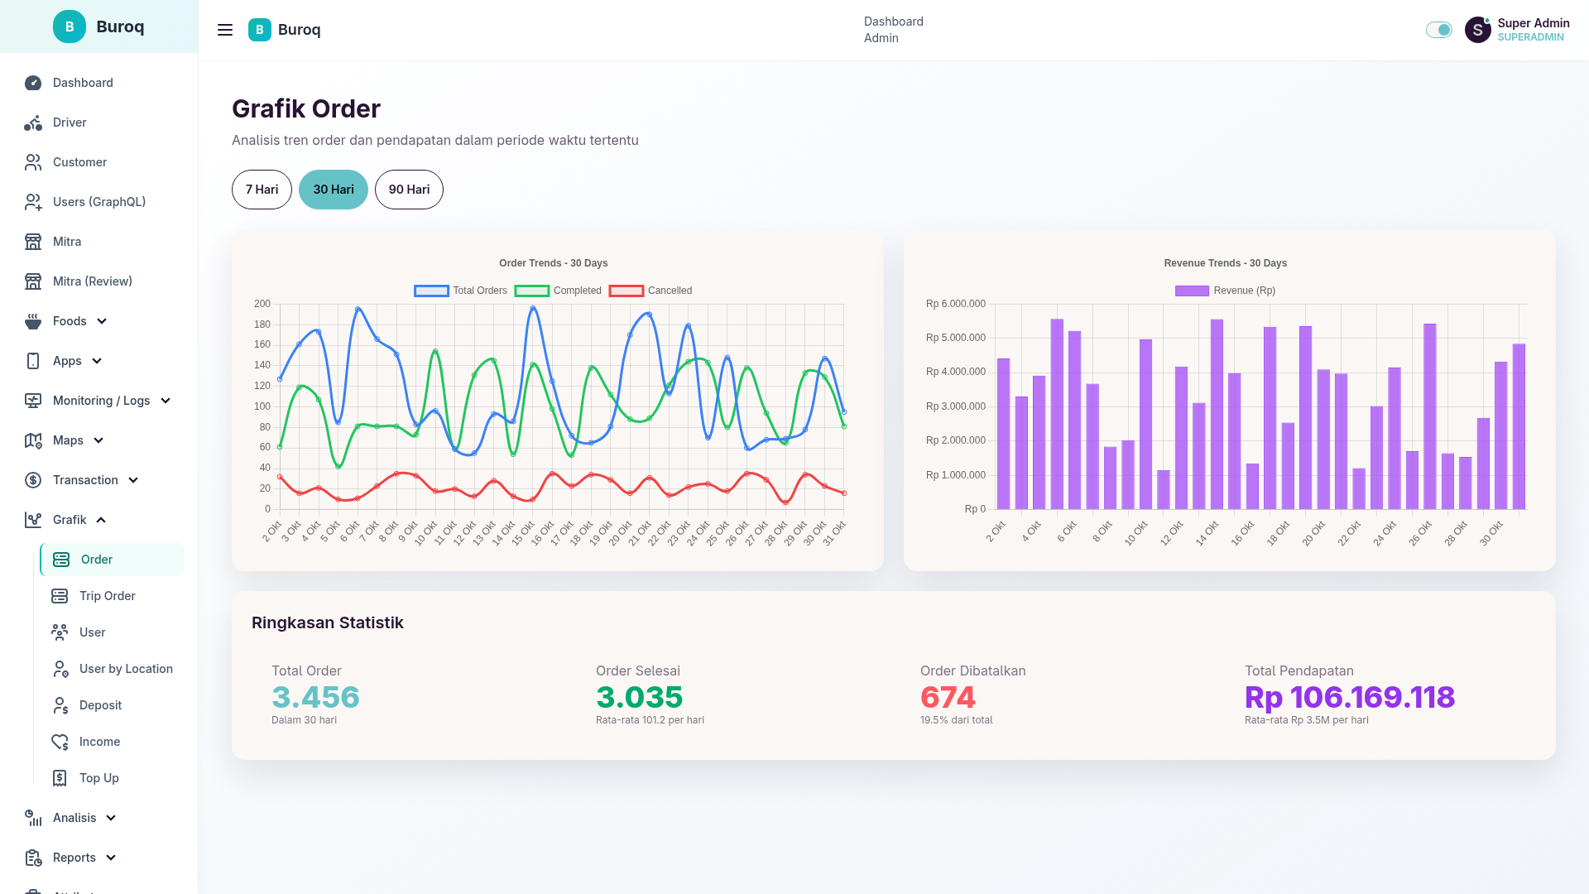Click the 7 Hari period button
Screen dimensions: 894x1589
tap(262, 190)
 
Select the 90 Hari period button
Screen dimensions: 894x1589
tap(409, 190)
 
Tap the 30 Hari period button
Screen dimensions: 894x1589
tap(334, 190)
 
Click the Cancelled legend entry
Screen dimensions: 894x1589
tap(650, 291)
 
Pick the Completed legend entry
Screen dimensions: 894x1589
tap(558, 291)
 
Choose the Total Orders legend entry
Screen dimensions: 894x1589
tap(461, 291)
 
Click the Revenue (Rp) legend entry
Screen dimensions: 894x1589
tap(1225, 291)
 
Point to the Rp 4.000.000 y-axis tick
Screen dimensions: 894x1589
tap(956, 372)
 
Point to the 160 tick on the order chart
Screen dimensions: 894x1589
tap(262, 344)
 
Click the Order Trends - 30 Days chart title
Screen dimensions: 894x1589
tap(553, 263)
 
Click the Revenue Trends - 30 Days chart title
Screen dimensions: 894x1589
tap(1225, 263)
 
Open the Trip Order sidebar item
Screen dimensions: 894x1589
tap(107, 596)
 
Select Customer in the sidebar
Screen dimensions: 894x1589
tap(79, 162)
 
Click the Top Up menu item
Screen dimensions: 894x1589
tap(98, 778)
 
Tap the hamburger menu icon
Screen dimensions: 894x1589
tap(225, 30)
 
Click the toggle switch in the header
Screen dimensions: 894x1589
tap(1438, 30)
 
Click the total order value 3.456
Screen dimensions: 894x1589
tap(315, 697)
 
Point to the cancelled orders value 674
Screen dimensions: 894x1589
tap(948, 697)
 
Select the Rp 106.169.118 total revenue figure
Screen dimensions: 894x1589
tap(1349, 697)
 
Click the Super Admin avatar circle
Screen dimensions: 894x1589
tap(1477, 30)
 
